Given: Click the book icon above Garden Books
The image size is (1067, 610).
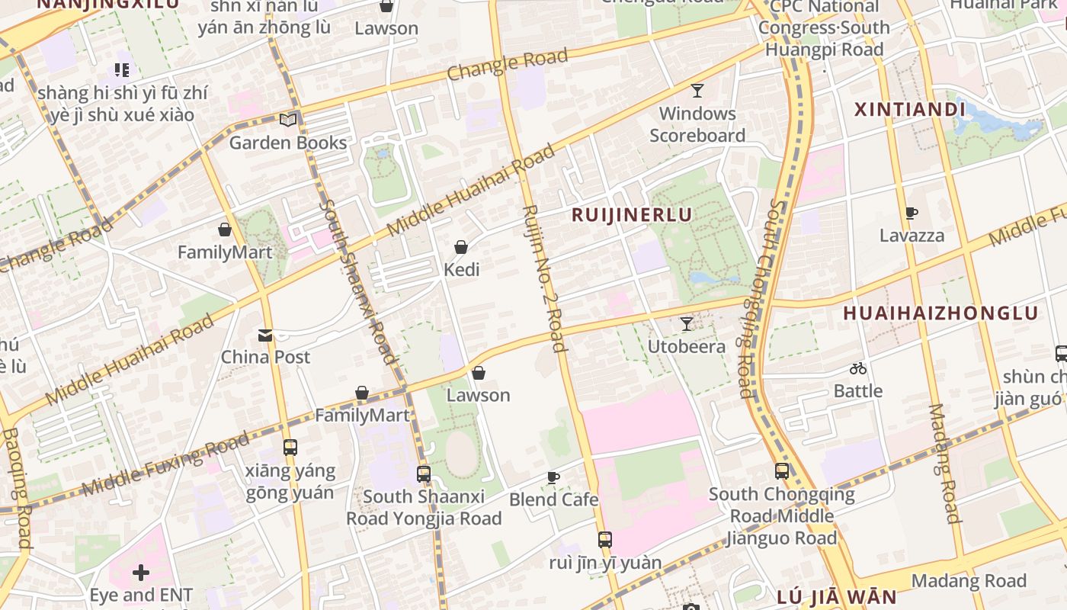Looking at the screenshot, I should (287, 120).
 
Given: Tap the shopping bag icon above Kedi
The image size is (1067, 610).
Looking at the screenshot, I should (460, 247).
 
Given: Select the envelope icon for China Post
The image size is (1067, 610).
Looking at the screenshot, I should (265, 335).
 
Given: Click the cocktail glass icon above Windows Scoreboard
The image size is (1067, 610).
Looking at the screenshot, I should (697, 91).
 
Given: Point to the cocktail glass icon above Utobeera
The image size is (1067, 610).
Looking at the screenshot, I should (687, 324).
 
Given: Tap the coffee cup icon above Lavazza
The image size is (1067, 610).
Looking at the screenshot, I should (912, 213).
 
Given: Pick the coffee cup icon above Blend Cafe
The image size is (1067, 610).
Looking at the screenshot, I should (553, 478).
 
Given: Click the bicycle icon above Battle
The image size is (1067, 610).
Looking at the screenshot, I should (858, 369).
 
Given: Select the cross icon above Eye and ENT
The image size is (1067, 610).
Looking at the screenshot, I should (141, 572).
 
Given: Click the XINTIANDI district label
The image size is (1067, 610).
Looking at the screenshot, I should (910, 110).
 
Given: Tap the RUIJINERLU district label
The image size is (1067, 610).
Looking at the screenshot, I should (632, 215).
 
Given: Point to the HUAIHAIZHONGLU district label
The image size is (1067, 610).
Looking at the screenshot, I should (940, 313).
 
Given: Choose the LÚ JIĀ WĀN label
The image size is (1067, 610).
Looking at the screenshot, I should (837, 597).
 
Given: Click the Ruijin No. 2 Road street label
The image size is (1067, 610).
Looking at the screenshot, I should (545, 278).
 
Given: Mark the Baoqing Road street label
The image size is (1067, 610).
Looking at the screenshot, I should (16, 488).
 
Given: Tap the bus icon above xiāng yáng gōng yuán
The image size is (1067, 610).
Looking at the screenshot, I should (290, 448).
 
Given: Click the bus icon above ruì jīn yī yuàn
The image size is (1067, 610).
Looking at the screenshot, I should (605, 540).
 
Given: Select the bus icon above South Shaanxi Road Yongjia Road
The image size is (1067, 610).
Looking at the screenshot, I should (424, 474).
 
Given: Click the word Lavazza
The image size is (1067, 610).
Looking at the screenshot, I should (912, 236).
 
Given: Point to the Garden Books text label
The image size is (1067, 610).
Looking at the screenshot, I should (287, 143).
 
